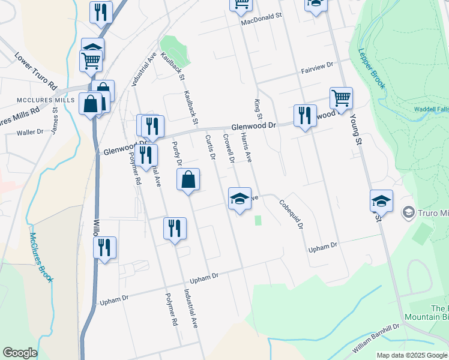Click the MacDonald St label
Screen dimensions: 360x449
point(261,19)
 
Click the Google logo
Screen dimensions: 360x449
point(20,353)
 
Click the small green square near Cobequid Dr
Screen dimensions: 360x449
point(258,220)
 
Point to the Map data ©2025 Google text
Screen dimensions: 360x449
point(412,355)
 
